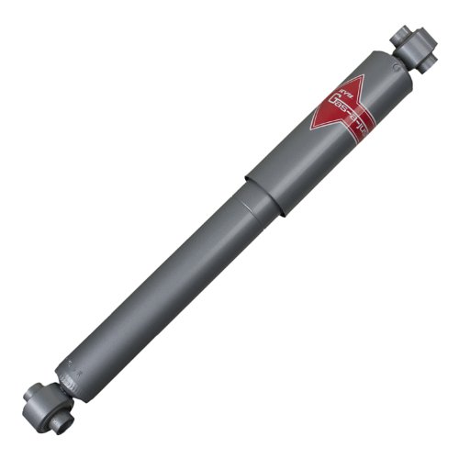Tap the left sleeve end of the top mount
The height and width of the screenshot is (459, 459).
point(398,36)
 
